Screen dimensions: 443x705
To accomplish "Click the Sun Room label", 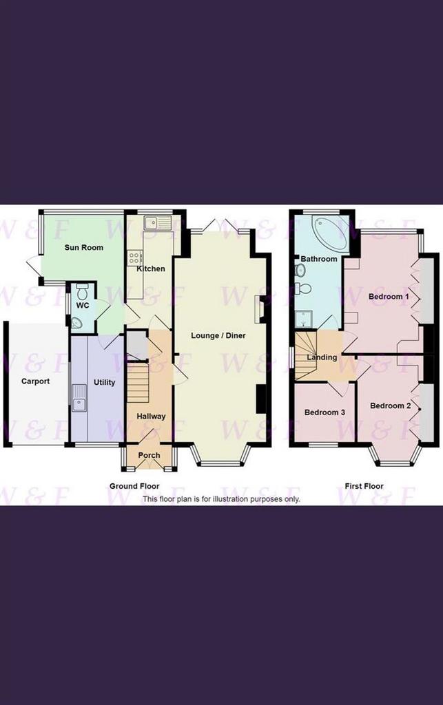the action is [83, 247].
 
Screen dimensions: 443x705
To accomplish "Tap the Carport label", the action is [36, 381].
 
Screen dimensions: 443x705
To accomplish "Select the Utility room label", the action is [104, 382].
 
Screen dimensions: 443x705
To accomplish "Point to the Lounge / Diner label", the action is [218, 335].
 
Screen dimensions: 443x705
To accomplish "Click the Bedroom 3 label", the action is [324, 412].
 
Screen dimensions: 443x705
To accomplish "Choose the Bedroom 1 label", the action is [389, 296].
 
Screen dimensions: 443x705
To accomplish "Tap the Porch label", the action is [149, 455].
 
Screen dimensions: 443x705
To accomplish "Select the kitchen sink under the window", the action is [158, 222].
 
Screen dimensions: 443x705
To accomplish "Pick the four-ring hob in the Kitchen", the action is [135, 257].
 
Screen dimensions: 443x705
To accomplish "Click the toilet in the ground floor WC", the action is [82, 291].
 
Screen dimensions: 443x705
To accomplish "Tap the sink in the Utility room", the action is [79, 399].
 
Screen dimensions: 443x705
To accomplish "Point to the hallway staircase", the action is [138, 382].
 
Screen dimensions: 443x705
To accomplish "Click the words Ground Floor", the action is [134, 486].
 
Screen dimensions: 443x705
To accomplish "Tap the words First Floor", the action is [364, 486].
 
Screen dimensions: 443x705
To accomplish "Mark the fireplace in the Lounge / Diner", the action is [259, 309].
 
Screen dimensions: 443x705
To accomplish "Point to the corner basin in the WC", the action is [76, 322].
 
